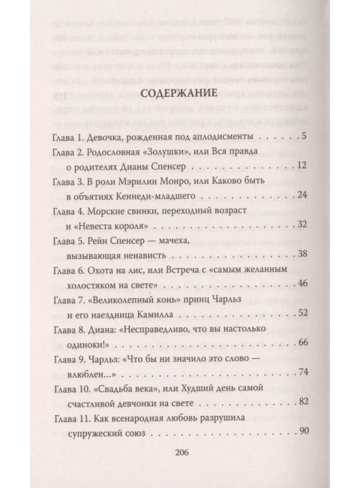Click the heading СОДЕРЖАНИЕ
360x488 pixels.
click(x=180, y=95)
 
